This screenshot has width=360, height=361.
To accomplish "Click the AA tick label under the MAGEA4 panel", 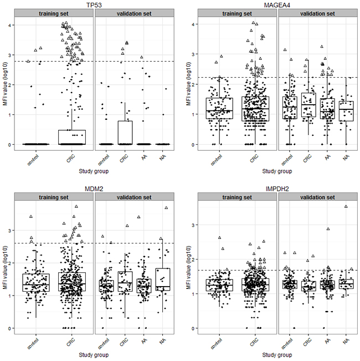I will pyautogui.click(x=326, y=156).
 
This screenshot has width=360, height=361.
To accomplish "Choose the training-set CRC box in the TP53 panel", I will pyautogui.click(x=71, y=137).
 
